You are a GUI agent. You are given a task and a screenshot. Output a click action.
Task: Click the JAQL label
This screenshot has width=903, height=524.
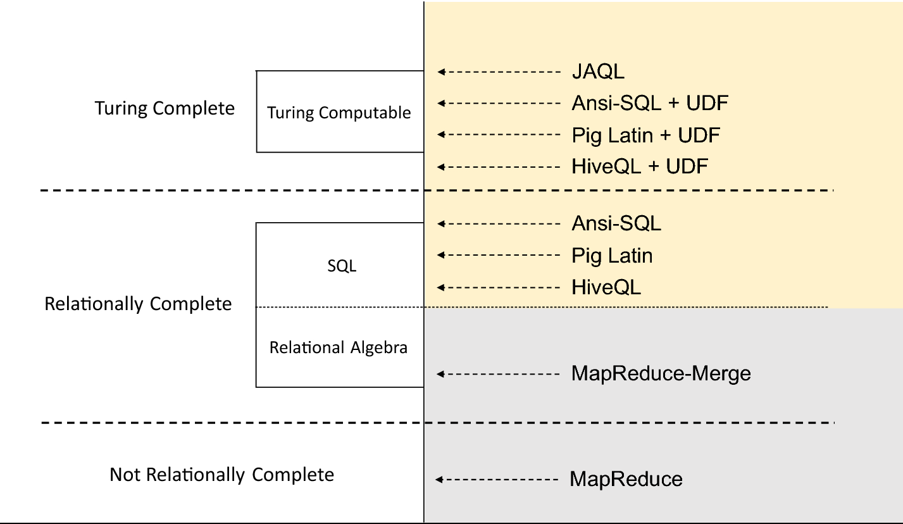pyautogui.click(x=598, y=72)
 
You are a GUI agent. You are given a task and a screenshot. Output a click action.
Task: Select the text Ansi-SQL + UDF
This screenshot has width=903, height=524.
pyautogui.click(x=650, y=103)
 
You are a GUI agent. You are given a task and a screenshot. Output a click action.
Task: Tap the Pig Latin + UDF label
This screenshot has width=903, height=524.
pyautogui.click(x=645, y=135)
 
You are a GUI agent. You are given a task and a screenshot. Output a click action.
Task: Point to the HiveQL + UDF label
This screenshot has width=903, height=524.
pyautogui.click(x=640, y=166)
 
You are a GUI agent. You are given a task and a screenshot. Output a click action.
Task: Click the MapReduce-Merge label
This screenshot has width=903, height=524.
pyautogui.click(x=661, y=373)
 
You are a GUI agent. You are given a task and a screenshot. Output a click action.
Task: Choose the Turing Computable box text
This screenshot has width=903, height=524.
pyautogui.click(x=339, y=113)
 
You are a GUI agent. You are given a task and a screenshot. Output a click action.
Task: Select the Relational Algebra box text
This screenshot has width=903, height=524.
pyautogui.click(x=339, y=347)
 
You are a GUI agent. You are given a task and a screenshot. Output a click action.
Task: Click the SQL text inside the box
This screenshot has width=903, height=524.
pyautogui.click(x=342, y=266)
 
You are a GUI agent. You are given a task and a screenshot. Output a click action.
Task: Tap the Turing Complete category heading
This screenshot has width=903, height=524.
pyautogui.click(x=165, y=108)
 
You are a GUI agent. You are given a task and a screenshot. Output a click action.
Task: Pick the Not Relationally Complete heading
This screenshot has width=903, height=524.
pyautogui.click(x=221, y=475)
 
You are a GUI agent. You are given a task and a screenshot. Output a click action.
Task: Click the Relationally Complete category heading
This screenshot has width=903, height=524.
pyautogui.click(x=138, y=304)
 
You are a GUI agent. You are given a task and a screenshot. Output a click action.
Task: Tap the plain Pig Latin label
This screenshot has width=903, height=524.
pyautogui.click(x=612, y=256)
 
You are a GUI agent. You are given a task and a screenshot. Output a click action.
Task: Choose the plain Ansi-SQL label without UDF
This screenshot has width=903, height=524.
pyautogui.click(x=616, y=223)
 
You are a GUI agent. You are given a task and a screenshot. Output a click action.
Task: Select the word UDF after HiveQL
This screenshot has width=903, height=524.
pyautogui.click(x=687, y=166)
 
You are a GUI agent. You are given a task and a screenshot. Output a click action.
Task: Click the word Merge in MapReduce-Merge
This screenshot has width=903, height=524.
pyautogui.click(x=720, y=373)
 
